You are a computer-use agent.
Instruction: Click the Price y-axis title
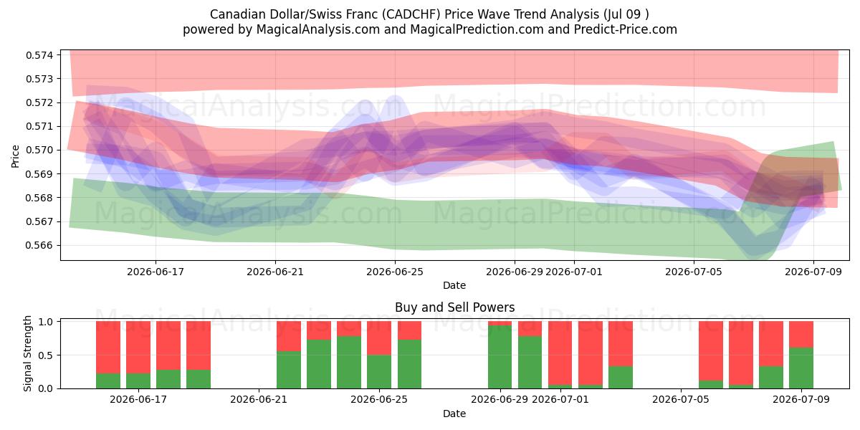tap(15, 156)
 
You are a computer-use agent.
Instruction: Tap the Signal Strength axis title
tap(27, 353)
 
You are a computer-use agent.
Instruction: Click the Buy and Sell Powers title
tap(454, 307)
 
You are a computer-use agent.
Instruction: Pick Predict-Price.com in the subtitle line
tap(626, 29)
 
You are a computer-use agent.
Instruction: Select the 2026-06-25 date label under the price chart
tap(395, 272)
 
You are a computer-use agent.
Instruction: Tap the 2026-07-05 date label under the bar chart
tap(681, 399)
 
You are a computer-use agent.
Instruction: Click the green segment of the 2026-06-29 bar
tap(500, 357)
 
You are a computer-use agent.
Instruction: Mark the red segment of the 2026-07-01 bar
tap(560, 353)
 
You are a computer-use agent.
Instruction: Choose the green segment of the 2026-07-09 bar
tap(801, 368)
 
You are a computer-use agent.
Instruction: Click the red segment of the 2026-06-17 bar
tap(138, 347)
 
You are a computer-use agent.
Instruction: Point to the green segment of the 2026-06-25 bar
tap(379, 372)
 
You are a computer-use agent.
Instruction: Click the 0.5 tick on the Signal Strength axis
tap(46, 355)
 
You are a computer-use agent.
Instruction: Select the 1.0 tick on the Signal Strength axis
tap(46, 322)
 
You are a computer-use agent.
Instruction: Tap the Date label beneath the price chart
tap(454, 285)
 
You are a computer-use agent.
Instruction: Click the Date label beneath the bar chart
tap(454, 414)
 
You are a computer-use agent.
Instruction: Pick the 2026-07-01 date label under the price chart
tap(574, 272)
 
